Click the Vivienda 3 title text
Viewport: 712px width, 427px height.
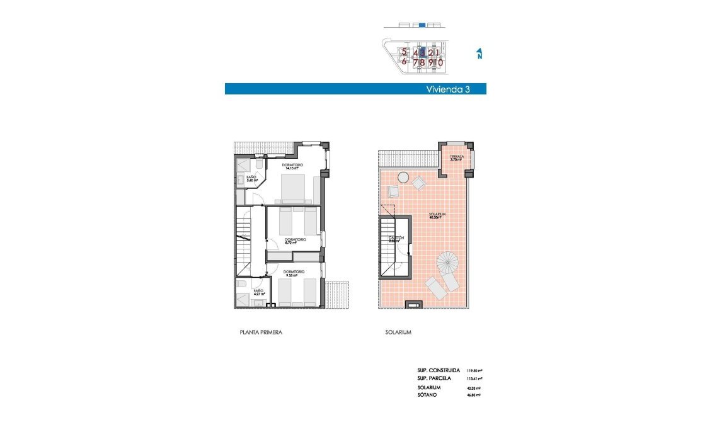pyautogui.click(x=448, y=89)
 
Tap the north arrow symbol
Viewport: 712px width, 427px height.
pyautogui.click(x=479, y=54)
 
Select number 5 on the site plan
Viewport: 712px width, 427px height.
pyautogui.click(x=405, y=53)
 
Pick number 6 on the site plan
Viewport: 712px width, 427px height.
pyautogui.click(x=405, y=62)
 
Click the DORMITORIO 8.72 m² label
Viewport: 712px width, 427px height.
pyautogui.click(x=295, y=241)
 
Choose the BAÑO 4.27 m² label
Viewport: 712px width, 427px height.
pyautogui.click(x=259, y=292)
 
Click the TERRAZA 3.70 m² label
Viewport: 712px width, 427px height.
pyautogui.click(x=456, y=158)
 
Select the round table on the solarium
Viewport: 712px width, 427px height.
pyautogui.click(x=403, y=178)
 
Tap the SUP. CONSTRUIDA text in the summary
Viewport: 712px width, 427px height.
pyautogui.click(x=439, y=370)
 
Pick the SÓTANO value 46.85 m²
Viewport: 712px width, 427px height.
pyautogui.click(x=474, y=395)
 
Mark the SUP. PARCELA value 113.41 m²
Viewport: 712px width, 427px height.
pyautogui.click(x=474, y=378)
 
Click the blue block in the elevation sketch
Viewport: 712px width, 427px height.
pyautogui.click(x=423, y=26)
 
